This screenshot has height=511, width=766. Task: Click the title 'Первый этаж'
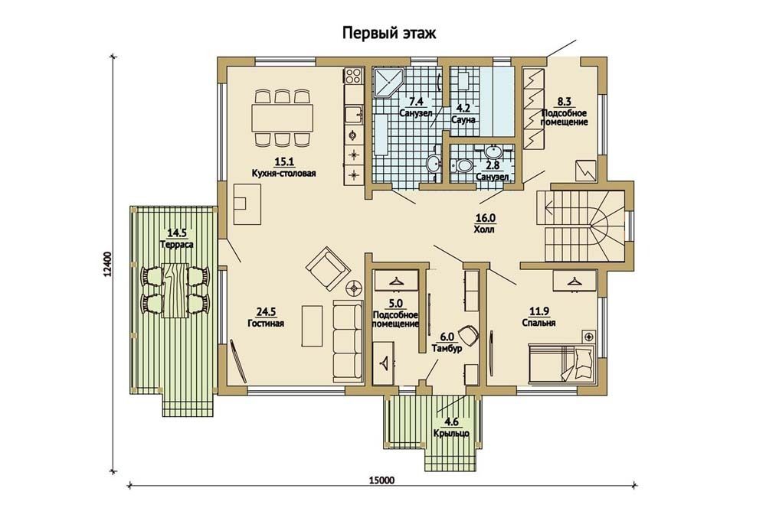point(389,34)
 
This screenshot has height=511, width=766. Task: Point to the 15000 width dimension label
point(382,480)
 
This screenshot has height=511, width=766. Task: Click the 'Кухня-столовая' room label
point(284,173)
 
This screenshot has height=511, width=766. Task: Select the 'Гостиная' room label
point(267,323)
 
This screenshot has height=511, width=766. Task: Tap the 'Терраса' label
point(177,243)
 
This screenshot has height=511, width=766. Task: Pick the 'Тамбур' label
point(447,349)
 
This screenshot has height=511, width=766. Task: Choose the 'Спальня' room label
point(538,323)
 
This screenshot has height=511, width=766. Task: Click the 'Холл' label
point(483,229)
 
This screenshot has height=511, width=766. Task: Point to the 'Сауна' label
point(463,120)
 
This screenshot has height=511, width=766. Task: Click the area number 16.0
point(485,218)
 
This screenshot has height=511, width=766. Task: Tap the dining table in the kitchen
point(282,118)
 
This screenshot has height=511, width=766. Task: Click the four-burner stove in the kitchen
point(353,75)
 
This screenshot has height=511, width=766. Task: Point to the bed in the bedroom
point(561,363)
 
